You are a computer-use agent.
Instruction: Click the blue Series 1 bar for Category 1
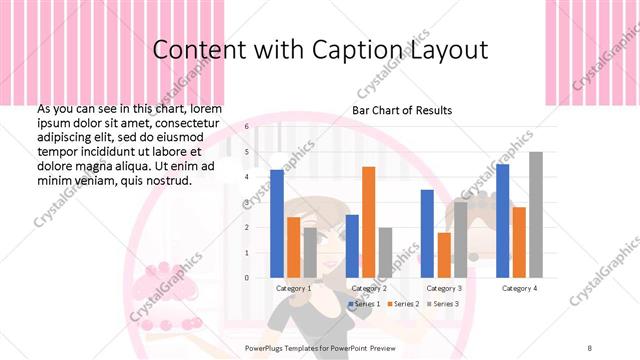point(277,223)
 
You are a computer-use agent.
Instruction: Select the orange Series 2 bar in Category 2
point(368,221)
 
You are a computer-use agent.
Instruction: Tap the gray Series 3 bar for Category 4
point(536,214)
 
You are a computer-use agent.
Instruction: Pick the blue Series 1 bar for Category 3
point(427,233)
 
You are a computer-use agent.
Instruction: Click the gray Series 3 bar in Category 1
point(310,252)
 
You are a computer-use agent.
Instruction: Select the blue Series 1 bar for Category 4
point(502,220)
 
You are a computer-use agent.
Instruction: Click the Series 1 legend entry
point(365,303)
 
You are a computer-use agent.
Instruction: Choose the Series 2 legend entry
point(403,303)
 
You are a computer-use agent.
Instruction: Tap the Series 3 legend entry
point(443,303)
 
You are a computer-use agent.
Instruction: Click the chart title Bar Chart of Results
point(402,110)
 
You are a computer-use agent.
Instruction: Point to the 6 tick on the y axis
point(246,127)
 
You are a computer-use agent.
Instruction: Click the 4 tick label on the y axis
point(246,177)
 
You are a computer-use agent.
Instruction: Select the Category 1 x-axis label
point(294,288)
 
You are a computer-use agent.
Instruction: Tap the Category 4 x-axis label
point(518,288)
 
